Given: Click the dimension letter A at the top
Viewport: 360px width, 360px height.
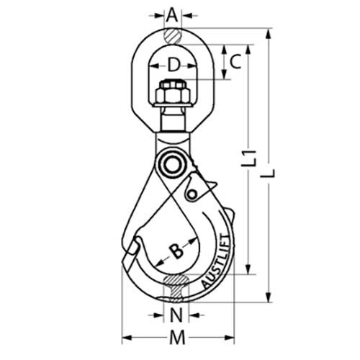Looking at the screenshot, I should coord(171,14).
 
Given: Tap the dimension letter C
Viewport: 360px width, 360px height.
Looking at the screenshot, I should coord(235,63).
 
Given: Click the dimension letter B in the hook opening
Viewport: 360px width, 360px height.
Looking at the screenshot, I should coord(175,251).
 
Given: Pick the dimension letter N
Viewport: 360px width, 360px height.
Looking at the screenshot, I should coord(176,315).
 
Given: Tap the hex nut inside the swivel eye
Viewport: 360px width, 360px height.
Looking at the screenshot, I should coord(173,94).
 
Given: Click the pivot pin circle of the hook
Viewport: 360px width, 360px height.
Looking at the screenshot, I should coord(173,164).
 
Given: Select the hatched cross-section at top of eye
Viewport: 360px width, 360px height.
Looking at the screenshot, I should coord(172,35).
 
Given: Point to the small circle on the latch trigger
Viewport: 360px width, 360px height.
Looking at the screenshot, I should coord(192,193).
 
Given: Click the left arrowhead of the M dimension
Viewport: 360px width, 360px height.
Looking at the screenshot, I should coord(125,336).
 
